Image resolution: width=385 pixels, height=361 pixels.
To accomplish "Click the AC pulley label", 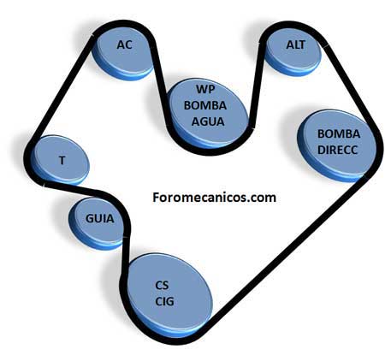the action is coord(125,44).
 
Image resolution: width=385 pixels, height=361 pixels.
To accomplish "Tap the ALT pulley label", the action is coord(296,44).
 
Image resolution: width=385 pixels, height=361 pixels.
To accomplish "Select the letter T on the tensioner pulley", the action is coord(62,160).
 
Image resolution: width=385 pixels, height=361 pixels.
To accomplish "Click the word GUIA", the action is coord(99,219).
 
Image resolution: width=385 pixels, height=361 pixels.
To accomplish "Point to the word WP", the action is coord(205,89).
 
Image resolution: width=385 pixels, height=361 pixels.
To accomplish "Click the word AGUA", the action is coord(208,121).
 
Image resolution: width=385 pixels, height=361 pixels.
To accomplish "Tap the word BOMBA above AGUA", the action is coord(205,105).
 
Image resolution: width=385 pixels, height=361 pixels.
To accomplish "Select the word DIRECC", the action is coord(337,150).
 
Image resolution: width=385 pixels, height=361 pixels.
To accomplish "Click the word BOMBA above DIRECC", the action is coord(339,133).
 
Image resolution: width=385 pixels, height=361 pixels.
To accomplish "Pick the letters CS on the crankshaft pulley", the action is coord(162,285).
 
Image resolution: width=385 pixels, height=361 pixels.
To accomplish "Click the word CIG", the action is coord(164,301).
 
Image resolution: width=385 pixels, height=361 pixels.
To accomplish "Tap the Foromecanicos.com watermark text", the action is coord(214,198).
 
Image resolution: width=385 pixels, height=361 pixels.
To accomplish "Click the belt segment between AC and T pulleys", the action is coord(63,88).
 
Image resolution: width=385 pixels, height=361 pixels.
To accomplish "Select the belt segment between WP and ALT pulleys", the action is coord(256,86).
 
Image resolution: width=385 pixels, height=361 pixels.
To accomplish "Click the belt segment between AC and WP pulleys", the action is coord(161,82).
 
